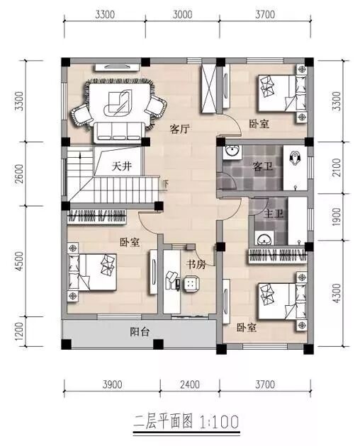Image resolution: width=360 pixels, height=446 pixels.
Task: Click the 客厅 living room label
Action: point(180,129)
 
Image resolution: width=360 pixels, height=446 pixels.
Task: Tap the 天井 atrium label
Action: point(122,166)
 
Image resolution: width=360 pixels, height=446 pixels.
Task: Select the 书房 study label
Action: point(196,264)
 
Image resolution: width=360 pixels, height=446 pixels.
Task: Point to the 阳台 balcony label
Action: point(140,331)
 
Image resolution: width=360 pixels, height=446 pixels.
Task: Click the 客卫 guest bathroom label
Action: point(263,166)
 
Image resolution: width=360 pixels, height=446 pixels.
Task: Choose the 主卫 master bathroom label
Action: point(274,214)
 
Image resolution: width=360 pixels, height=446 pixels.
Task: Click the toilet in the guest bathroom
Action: point(295,158)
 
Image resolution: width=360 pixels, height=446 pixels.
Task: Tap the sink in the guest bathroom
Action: point(232,152)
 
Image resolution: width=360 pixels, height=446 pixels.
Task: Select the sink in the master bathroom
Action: point(265,239)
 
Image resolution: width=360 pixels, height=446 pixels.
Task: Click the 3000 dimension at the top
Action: point(183,14)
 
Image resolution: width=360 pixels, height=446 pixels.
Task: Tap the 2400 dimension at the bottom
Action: point(190,384)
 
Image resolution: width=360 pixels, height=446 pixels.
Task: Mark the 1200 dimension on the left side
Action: point(19,331)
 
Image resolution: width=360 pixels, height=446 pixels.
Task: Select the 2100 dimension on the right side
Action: point(337,168)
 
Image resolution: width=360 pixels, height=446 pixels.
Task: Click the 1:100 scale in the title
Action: point(219,422)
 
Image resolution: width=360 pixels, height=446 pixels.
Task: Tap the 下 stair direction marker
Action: point(166,184)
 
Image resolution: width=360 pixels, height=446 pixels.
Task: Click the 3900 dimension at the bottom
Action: point(113,384)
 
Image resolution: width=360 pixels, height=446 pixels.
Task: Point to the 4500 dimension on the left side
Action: point(19,261)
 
